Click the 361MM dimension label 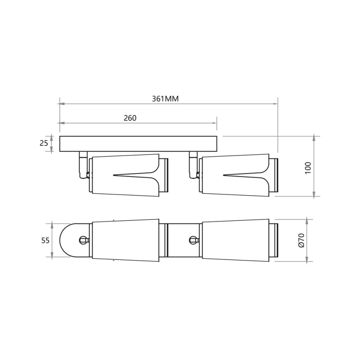point(165,99)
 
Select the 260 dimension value point(130,118)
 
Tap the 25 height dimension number point(43,144)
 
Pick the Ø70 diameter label point(301,240)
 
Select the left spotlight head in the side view point(124,175)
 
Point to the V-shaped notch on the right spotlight point(243,174)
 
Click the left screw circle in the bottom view point(83,240)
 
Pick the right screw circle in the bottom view point(192,240)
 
